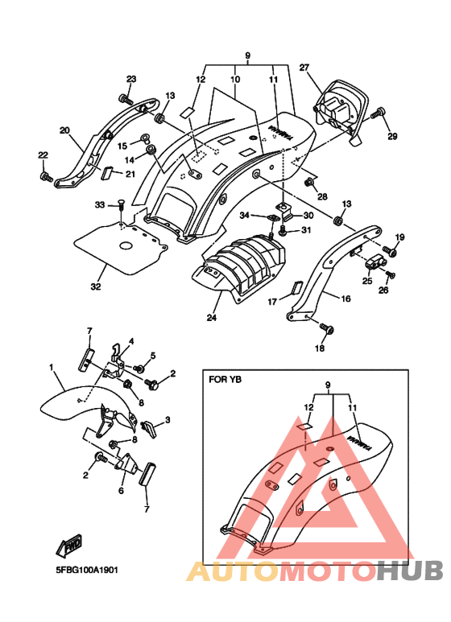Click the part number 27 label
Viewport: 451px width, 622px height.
(304, 68)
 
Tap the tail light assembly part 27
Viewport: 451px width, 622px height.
(339, 109)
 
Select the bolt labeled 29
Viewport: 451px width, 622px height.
(378, 113)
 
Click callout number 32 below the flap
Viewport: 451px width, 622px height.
(96, 286)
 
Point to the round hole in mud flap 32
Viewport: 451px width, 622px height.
(126, 246)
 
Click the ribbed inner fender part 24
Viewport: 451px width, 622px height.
(239, 266)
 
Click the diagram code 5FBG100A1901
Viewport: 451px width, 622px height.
(86, 570)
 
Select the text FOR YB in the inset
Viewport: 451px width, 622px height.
(225, 380)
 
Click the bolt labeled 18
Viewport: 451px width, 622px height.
(327, 328)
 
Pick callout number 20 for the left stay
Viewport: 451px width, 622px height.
(64, 130)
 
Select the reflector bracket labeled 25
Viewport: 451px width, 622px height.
(372, 262)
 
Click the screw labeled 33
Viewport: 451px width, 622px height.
(121, 207)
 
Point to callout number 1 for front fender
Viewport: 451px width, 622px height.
(52, 368)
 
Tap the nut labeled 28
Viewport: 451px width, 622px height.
(308, 183)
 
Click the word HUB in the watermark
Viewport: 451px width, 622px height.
(409, 570)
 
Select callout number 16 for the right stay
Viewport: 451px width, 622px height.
(345, 299)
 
